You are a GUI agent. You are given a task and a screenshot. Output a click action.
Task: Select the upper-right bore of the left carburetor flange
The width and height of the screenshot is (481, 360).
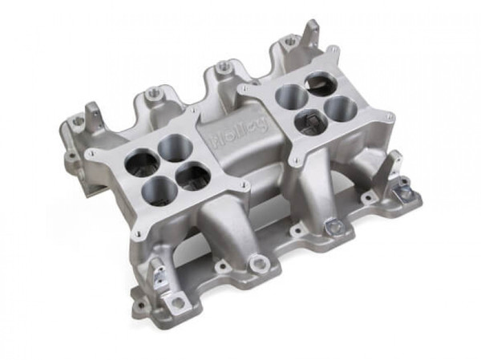174,147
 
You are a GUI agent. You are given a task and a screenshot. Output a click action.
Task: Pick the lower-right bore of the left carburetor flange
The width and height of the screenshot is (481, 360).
193,176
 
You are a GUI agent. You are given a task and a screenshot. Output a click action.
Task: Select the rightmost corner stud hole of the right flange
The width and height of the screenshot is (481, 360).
390,118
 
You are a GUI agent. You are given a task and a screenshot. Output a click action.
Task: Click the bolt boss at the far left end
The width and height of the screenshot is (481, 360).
79,121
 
